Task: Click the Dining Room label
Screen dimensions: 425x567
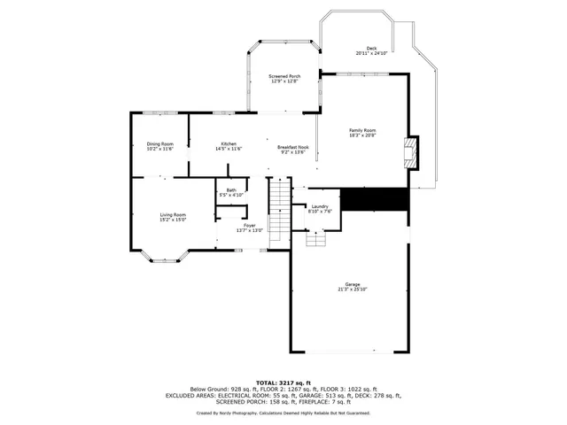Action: pyautogui.click(x=159, y=144)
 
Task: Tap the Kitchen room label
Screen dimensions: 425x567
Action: pyautogui.click(x=229, y=144)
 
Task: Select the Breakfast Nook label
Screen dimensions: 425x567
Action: pyautogui.click(x=292, y=147)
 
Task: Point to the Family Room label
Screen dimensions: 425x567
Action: pyautogui.click(x=362, y=130)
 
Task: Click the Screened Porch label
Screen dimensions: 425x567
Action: pyautogui.click(x=284, y=77)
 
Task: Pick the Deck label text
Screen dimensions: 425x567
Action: pyautogui.click(x=371, y=49)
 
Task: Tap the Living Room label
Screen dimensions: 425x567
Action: pyautogui.click(x=173, y=215)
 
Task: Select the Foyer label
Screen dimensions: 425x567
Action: pyautogui.click(x=251, y=226)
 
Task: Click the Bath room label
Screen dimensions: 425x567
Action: pyautogui.click(x=231, y=189)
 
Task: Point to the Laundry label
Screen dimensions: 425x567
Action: pyautogui.click(x=320, y=207)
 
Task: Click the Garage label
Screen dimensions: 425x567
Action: pyautogui.click(x=352, y=284)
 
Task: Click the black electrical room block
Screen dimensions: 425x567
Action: pyautogui.click(x=374, y=200)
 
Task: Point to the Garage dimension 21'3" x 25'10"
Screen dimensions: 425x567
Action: pyautogui.click(x=352, y=290)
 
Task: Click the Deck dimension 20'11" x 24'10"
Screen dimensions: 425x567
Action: pyautogui.click(x=371, y=54)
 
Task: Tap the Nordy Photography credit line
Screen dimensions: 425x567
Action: pyautogui.click(x=283, y=413)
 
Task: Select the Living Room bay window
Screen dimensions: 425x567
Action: pyautogui.click(x=167, y=258)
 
